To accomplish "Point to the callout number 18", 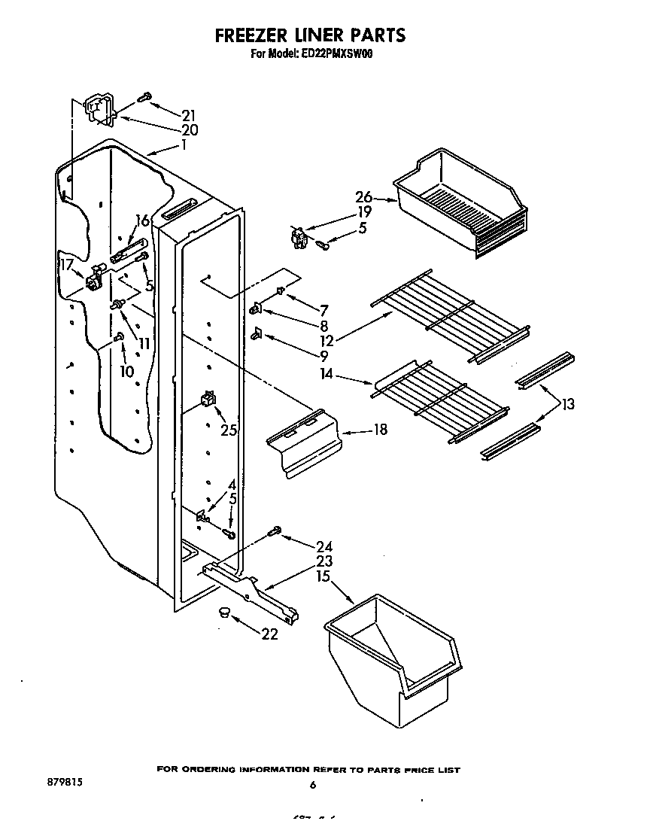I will [380, 430].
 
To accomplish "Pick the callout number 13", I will [567, 404].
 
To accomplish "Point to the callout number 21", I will [188, 115].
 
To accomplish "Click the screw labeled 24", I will [275, 534].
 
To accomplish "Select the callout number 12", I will [327, 340].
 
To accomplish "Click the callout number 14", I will [326, 372].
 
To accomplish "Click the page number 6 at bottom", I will [311, 786].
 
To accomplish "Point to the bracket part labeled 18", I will [305, 444].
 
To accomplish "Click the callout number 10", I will [126, 371].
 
